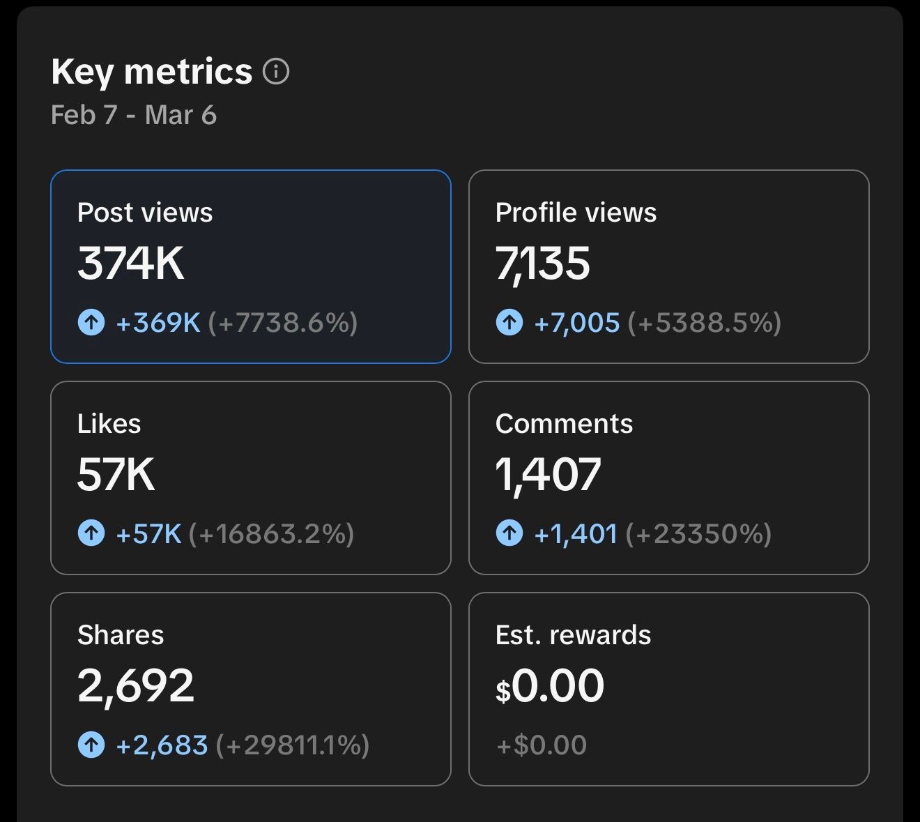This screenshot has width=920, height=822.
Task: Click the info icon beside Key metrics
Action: [275, 71]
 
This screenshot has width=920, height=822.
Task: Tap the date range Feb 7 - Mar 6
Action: [134, 114]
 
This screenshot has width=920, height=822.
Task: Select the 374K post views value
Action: [131, 263]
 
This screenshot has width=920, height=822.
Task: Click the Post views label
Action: [145, 212]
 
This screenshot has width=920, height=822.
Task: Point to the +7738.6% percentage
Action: [283, 322]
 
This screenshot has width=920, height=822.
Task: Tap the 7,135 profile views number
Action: [542, 264]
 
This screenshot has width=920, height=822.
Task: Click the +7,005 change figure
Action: [576, 323]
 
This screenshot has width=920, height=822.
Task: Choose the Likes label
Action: [109, 423]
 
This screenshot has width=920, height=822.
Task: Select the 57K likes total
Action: [116, 474]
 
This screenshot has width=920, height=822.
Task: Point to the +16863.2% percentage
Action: [271, 533]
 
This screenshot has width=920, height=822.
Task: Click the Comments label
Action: [564, 423]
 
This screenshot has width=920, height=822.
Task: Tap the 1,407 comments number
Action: [548, 475]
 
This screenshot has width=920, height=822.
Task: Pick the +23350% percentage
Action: [698, 533]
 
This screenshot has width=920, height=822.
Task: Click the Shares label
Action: [121, 634]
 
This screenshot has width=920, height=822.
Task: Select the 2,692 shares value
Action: [136, 686]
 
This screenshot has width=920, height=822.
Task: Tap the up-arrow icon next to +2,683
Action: [91, 745]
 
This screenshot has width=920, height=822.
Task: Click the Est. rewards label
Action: [573, 634]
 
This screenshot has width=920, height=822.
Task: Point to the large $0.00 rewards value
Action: [550, 685]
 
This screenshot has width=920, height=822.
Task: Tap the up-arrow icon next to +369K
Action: [91, 322]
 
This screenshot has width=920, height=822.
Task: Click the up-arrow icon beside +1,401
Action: [509, 533]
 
